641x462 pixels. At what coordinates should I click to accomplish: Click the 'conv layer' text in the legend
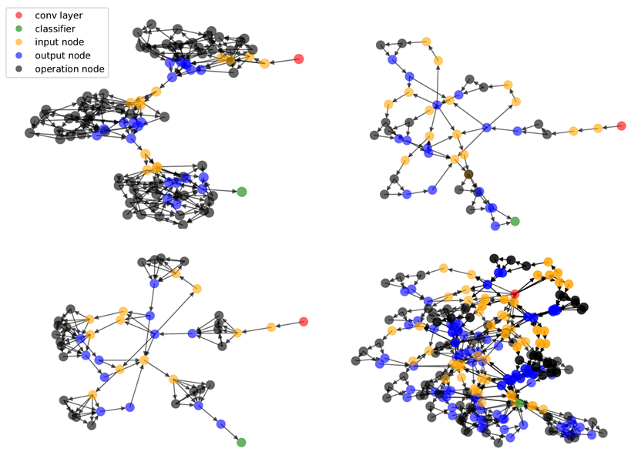(59, 15)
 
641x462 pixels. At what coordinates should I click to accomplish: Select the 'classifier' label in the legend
(55, 28)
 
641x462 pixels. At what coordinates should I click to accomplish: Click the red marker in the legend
(18, 15)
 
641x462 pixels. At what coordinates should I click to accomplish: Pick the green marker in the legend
(18, 28)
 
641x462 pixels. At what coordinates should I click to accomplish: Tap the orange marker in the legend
(18, 42)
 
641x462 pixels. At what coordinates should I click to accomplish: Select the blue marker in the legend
(18, 55)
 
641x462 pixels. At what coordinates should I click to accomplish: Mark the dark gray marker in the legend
(18, 69)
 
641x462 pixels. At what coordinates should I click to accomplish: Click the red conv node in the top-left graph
(299, 59)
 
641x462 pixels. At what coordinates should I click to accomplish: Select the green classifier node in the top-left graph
(241, 192)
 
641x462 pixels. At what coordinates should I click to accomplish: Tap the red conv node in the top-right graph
(621, 126)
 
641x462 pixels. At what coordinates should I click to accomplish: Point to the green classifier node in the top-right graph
(515, 222)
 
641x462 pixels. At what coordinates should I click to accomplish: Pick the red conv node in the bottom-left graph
(304, 321)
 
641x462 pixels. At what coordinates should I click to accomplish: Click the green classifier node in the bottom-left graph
(241, 442)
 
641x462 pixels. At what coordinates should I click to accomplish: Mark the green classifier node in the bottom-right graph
(520, 403)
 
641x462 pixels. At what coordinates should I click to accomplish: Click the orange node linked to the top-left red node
(264, 63)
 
